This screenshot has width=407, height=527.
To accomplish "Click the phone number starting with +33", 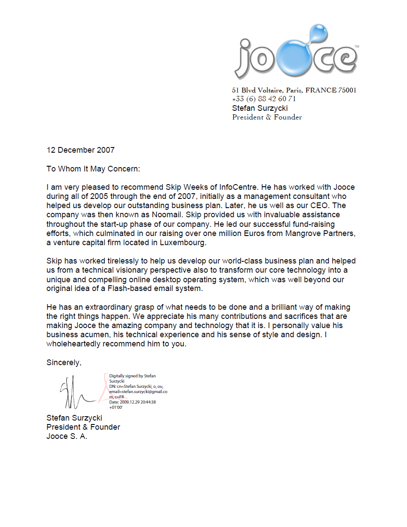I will [x=264, y=99].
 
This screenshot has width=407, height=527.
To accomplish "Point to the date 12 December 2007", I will [x=80, y=150].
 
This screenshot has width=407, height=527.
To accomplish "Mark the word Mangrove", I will [x=301, y=233].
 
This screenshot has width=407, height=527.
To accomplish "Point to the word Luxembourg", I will [x=183, y=243].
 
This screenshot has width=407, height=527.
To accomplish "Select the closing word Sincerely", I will [x=64, y=363].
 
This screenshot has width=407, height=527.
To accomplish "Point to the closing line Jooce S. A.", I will [x=67, y=436].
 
